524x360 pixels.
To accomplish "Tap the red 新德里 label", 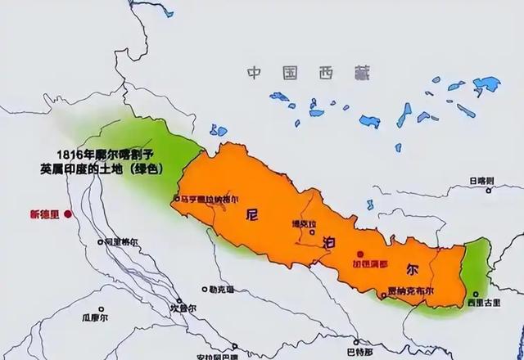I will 45,214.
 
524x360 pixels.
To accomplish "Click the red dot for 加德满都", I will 358,255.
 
